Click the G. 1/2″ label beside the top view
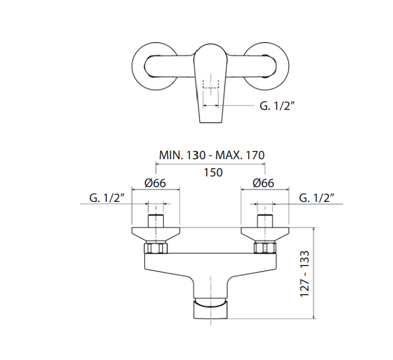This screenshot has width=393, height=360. [277, 106]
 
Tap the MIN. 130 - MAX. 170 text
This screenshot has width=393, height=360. [212, 155]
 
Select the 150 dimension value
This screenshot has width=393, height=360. [213, 173]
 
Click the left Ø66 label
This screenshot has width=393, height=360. [155, 183]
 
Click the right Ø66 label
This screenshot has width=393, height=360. [264, 183]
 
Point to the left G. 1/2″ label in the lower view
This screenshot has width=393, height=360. [107, 198]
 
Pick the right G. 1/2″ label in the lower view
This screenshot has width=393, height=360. [317, 198]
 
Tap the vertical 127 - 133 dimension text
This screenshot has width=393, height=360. [305, 274]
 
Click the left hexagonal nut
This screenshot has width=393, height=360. [156, 248]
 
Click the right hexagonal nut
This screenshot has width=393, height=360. [265, 248]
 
